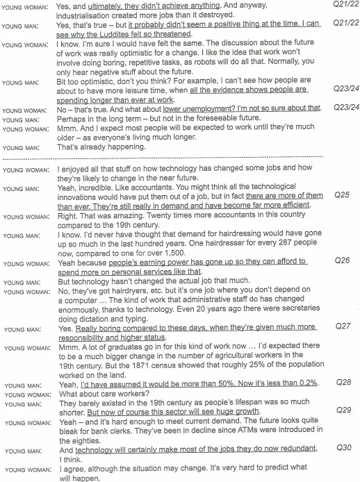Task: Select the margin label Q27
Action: [341, 325]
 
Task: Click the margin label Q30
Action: [341, 449]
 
